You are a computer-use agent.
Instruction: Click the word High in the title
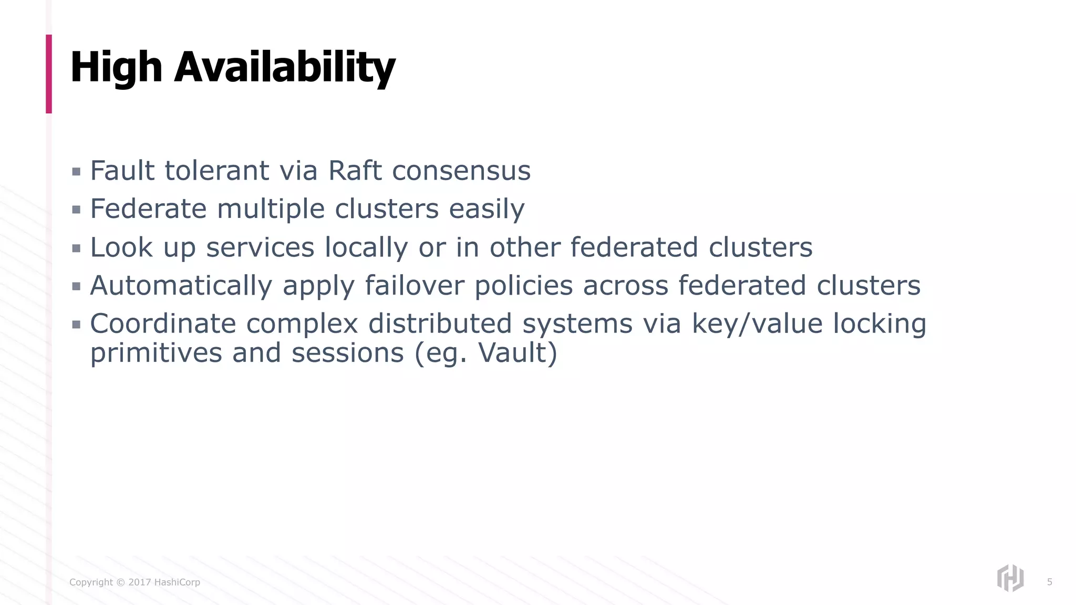[116, 67]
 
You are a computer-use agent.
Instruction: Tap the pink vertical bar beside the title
[49, 74]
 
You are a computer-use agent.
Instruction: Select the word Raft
[355, 171]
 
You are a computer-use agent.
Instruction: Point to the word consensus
[461, 171]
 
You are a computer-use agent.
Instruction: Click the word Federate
[148, 208]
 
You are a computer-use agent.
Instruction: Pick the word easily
[487, 210]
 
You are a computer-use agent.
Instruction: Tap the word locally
[366, 247]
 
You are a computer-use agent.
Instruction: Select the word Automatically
[181, 286]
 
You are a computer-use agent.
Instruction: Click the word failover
[415, 286]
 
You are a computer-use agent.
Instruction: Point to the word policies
[523, 286]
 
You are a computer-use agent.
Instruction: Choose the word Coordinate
[162, 324]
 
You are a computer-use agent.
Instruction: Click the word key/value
[757, 324]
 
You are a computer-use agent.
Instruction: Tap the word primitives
[156, 352]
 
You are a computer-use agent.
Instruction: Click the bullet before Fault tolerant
[76, 172]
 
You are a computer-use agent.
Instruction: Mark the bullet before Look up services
[76, 248]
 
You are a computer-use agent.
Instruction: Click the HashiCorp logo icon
[1010, 578]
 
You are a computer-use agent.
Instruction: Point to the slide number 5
[1049, 582]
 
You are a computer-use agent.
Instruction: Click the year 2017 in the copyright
[140, 582]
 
